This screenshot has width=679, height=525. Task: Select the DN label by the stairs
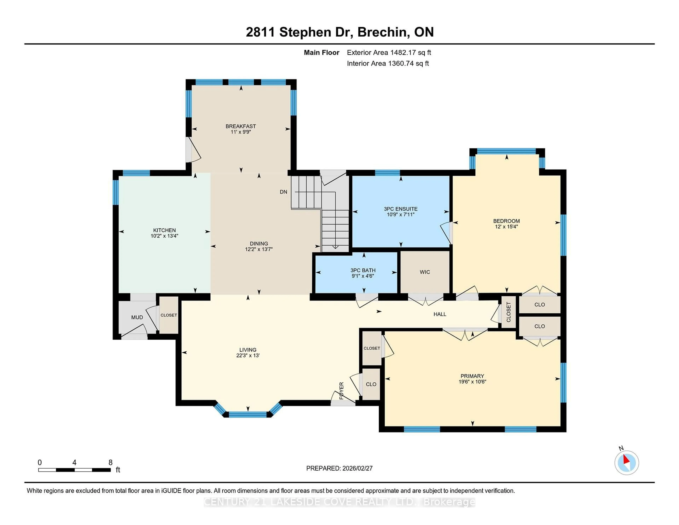coord(283,192)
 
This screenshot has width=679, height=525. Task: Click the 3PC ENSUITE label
coord(401,209)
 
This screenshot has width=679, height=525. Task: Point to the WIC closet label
coord(425,272)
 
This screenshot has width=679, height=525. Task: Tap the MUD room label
coord(137,317)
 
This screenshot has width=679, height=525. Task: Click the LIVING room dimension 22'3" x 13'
coord(248,356)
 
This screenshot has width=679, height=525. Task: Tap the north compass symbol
coord(626,463)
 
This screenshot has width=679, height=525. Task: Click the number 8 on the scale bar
coord(110,463)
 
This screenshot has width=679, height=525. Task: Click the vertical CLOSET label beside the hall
coord(509,312)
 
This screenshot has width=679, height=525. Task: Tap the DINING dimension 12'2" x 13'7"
coord(259,249)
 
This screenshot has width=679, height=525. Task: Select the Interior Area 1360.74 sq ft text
coord(388,64)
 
